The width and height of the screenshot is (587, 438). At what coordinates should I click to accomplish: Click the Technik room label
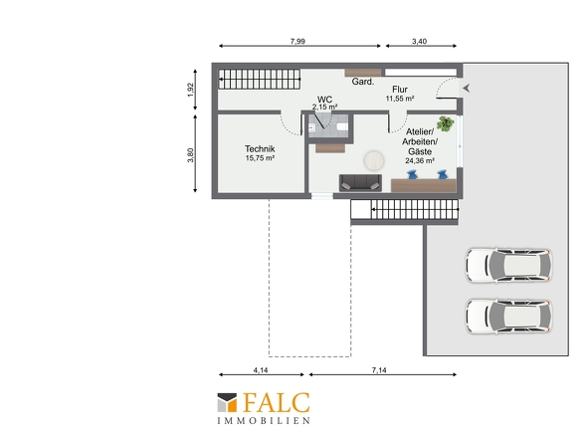[260, 148]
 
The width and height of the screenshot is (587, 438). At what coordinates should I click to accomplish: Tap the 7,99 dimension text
[297, 41]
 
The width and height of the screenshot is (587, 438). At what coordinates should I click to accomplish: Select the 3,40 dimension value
[419, 41]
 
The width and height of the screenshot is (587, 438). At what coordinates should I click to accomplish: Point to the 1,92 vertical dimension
[191, 90]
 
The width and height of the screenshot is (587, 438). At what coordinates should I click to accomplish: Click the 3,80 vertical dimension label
[191, 155]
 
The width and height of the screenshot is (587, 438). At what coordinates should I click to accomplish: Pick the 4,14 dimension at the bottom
[261, 370]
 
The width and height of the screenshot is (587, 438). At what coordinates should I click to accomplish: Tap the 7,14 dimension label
[379, 370]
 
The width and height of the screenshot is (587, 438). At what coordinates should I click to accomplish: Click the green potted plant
[445, 123]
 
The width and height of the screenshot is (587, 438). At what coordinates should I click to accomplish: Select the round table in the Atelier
[374, 160]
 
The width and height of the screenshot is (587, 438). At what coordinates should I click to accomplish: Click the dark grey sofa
[360, 183]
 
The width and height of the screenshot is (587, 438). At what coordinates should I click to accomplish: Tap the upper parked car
[508, 265]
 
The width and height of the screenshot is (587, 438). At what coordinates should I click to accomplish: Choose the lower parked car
[508, 317]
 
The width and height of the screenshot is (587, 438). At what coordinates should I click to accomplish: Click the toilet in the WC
[342, 127]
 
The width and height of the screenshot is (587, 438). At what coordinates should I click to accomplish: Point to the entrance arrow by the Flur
[466, 89]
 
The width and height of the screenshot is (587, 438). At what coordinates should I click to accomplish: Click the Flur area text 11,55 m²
[400, 99]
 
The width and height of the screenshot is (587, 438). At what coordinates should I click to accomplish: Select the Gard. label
[363, 82]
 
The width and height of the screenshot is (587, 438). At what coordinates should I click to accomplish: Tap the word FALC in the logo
[276, 403]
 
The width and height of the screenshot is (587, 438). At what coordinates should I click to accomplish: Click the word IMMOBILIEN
[264, 421]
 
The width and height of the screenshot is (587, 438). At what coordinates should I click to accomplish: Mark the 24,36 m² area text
[420, 160]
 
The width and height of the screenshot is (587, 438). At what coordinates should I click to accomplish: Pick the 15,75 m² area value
[260, 158]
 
